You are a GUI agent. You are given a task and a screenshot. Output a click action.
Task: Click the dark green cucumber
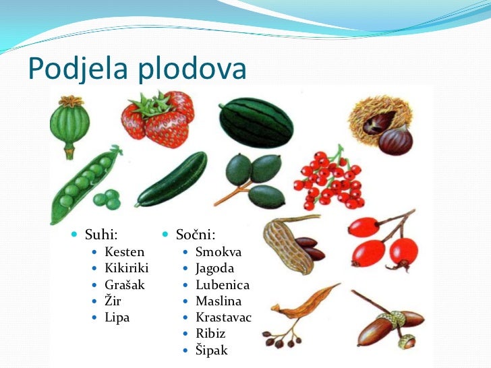tap(171, 179)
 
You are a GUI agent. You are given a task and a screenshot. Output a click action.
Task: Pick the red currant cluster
tap(329, 179)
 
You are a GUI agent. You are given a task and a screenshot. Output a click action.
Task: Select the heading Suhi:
tap(101, 235)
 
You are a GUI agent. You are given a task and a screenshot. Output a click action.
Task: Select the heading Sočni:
tap(195, 235)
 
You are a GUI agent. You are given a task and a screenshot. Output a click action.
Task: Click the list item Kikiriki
tap(126, 268)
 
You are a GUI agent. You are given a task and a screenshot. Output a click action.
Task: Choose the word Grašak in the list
tap(125, 284)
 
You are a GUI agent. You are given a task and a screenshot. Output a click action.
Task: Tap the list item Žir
tap(113, 301)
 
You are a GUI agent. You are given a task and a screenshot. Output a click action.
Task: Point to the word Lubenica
tap(222, 284)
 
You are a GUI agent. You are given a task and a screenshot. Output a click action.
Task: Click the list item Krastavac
tap(223, 317)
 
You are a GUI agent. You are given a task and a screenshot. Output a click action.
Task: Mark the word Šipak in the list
tap(211, 350)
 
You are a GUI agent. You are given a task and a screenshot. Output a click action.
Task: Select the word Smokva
tap(218, 252)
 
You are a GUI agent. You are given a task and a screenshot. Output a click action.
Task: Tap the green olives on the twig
tap(254, 179)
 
